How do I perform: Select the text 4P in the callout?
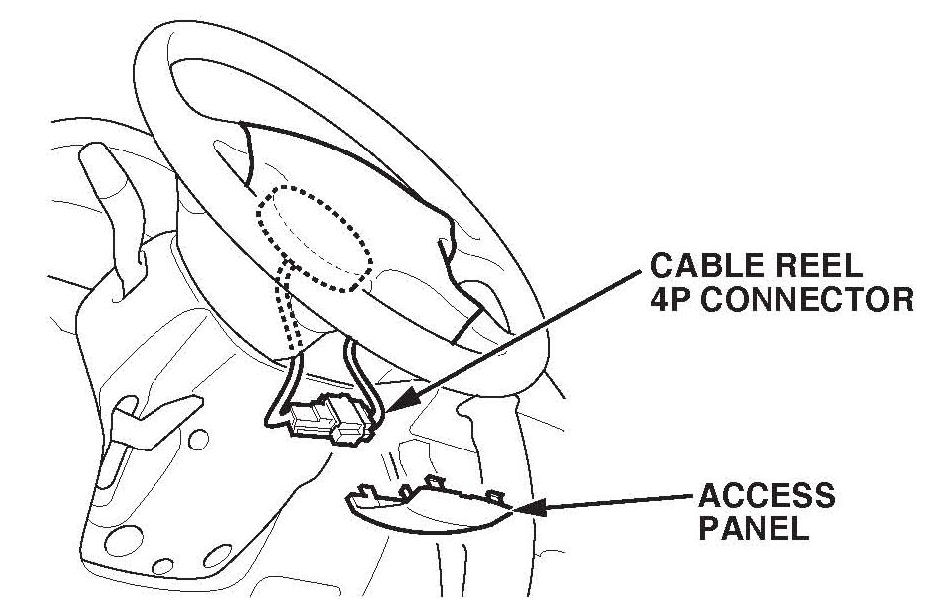669,300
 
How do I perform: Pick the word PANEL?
754,528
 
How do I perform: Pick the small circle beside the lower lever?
197,440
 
